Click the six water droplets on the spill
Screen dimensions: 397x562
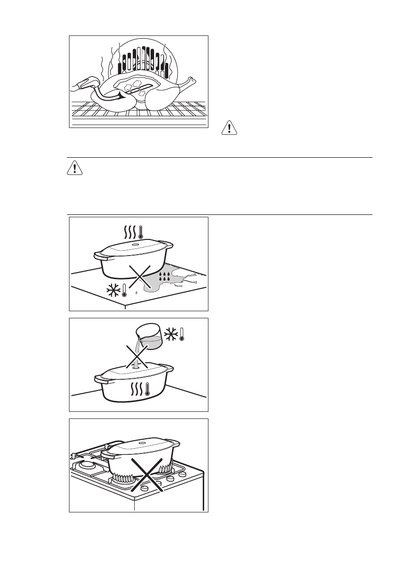pyautogui.click(x=164, y=277)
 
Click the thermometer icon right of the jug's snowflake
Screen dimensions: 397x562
pyautogui.click(x=181, y=335)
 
